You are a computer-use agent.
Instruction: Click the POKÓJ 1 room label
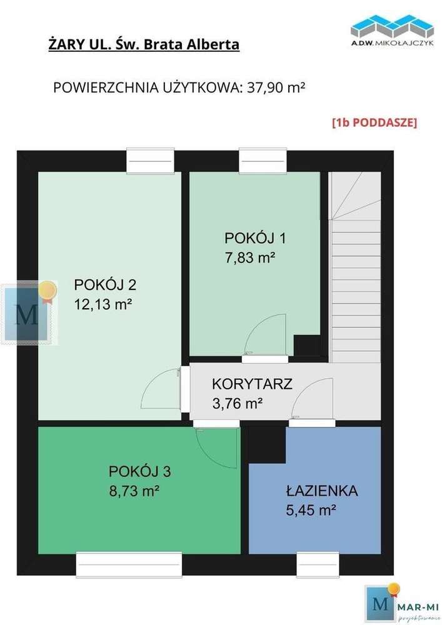250,238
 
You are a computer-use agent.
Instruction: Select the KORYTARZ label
252,384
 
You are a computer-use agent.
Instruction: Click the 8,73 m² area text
133,491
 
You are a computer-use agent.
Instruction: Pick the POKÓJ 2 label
105,285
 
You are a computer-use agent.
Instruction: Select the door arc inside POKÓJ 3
214,445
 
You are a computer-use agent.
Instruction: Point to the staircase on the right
354,269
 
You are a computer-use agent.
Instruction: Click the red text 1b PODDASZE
374,122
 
